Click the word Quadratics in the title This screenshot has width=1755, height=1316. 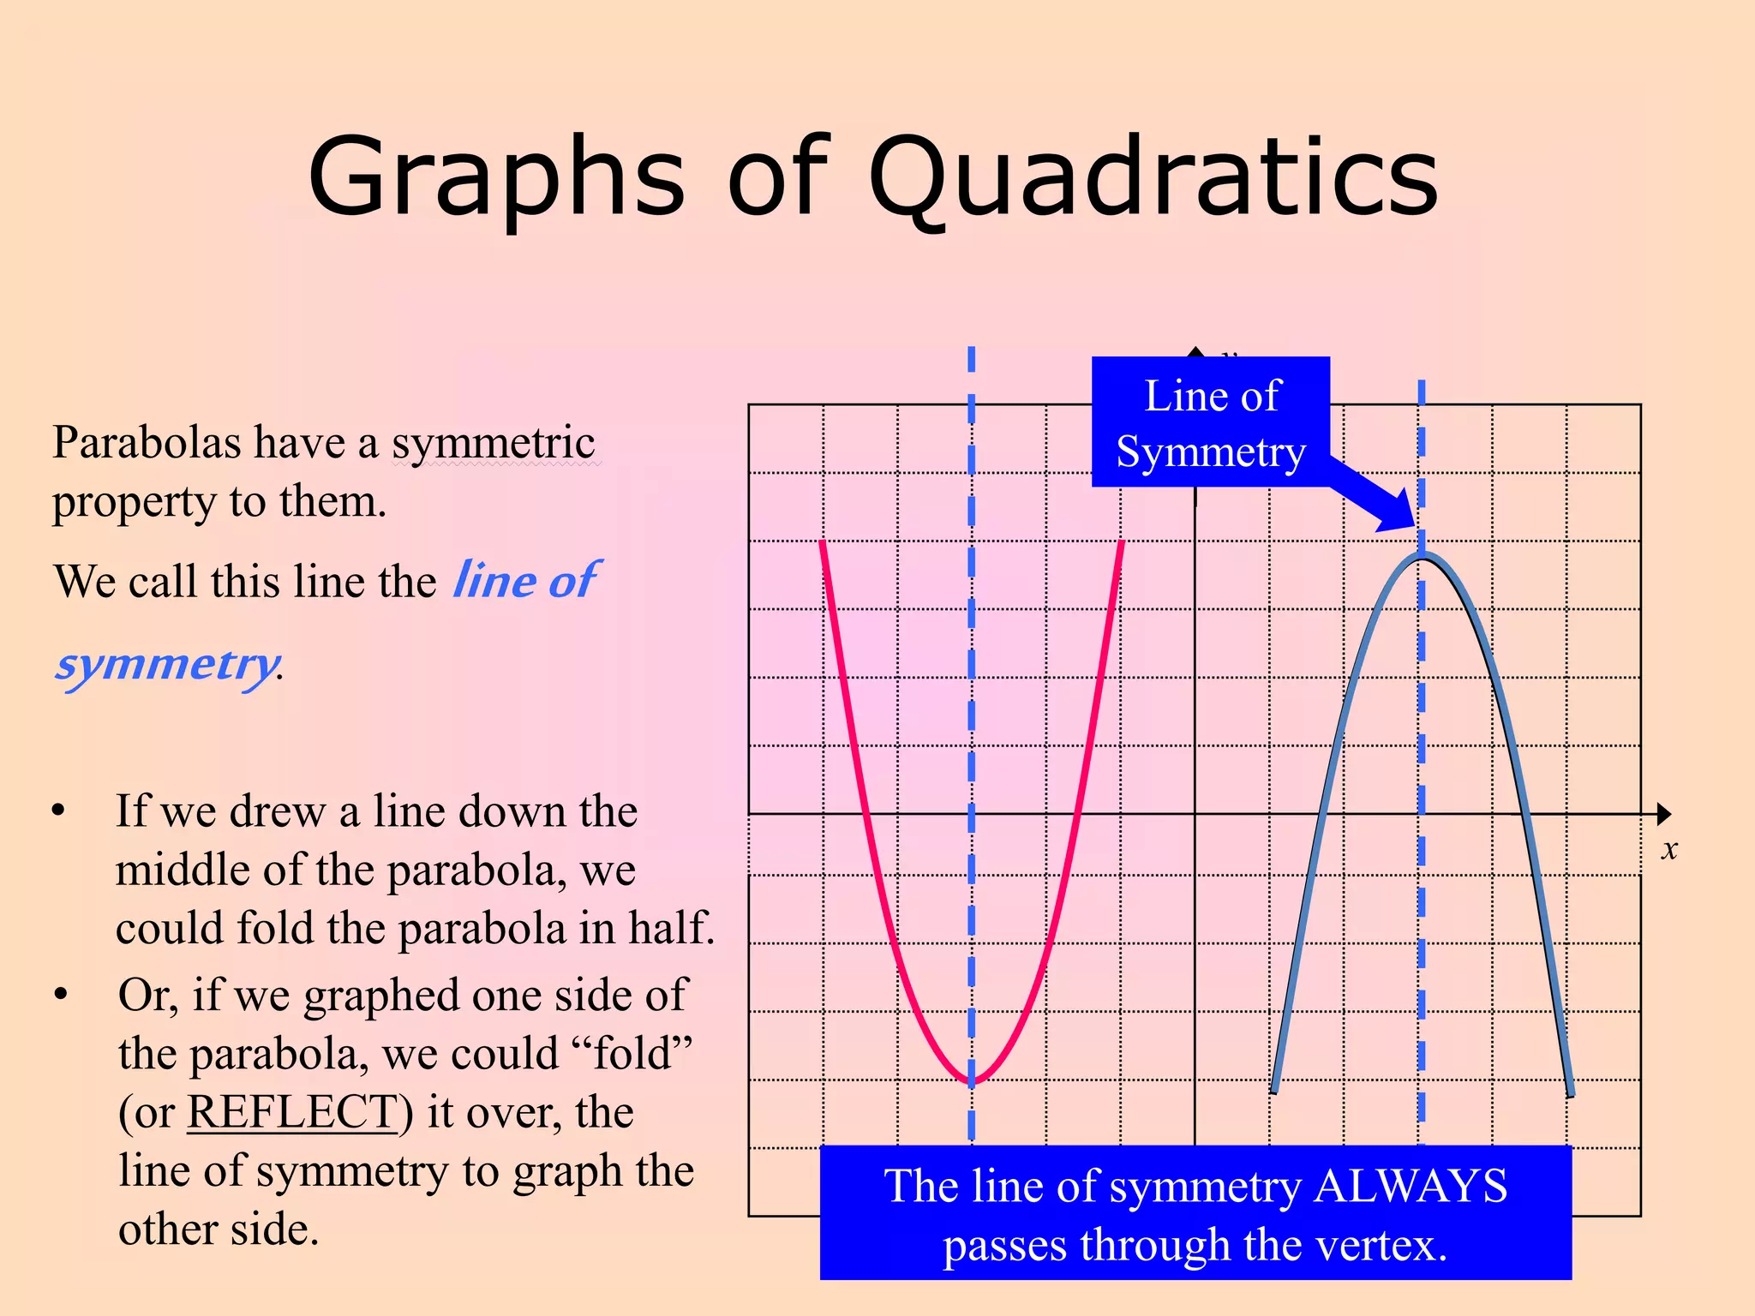pos(1153,178)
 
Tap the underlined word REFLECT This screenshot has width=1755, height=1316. pos(292,1112)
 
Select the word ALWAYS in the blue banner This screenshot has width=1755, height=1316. pos(1410,1187)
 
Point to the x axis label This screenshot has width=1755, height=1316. pos(1668,850)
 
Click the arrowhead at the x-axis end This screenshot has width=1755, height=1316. pos(1663,814)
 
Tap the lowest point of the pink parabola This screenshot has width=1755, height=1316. pos(972,1083)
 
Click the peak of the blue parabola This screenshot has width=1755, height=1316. pos(1422,558)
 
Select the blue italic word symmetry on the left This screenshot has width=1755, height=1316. pos(167,665)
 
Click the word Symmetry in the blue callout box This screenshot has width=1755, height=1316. pos(1211,452)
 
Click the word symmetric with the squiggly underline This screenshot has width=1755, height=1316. pos(494,443)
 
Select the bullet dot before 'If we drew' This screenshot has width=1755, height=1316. pos(58,811)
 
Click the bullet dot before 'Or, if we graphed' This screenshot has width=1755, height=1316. pos(60,995)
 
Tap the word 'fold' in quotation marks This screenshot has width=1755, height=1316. pos(632,1054)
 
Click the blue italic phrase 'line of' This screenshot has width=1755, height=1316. pos(525,581)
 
